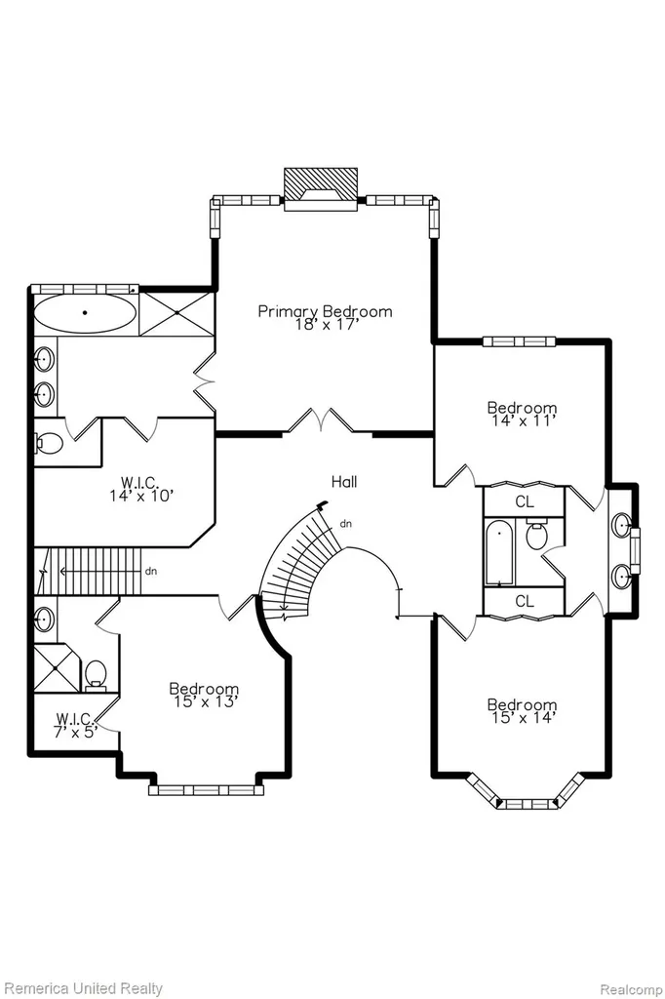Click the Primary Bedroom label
pos(325,311)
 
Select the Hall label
pos(344,482)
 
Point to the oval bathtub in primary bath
pos(85,313)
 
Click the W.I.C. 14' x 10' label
pos(140,489)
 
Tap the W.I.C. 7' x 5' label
pos(76,725)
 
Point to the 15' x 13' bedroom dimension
pos(205,701)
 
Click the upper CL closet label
pos(525,501)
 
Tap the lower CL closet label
pos(525,601)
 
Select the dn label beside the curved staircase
pos(346,524)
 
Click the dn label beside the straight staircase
pos(151,571)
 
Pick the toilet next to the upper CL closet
pos(538,536)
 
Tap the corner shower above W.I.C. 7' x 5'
pos(58,668)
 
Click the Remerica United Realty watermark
pos(84,989)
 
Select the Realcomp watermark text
pos(631,989)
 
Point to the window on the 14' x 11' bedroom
pos(519,341)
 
